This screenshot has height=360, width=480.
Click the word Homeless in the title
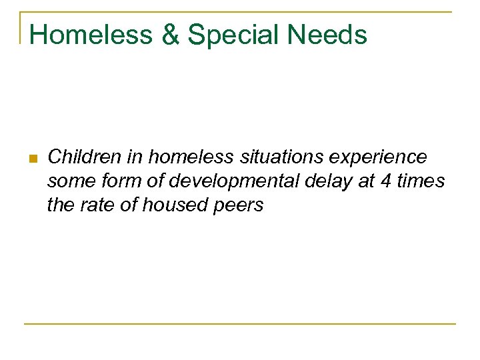91,35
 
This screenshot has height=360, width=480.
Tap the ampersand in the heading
171,35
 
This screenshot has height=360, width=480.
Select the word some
69,181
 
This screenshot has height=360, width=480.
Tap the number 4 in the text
387,181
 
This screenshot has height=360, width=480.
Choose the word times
421,181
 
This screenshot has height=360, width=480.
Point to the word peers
240,206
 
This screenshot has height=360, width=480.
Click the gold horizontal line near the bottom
240,324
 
